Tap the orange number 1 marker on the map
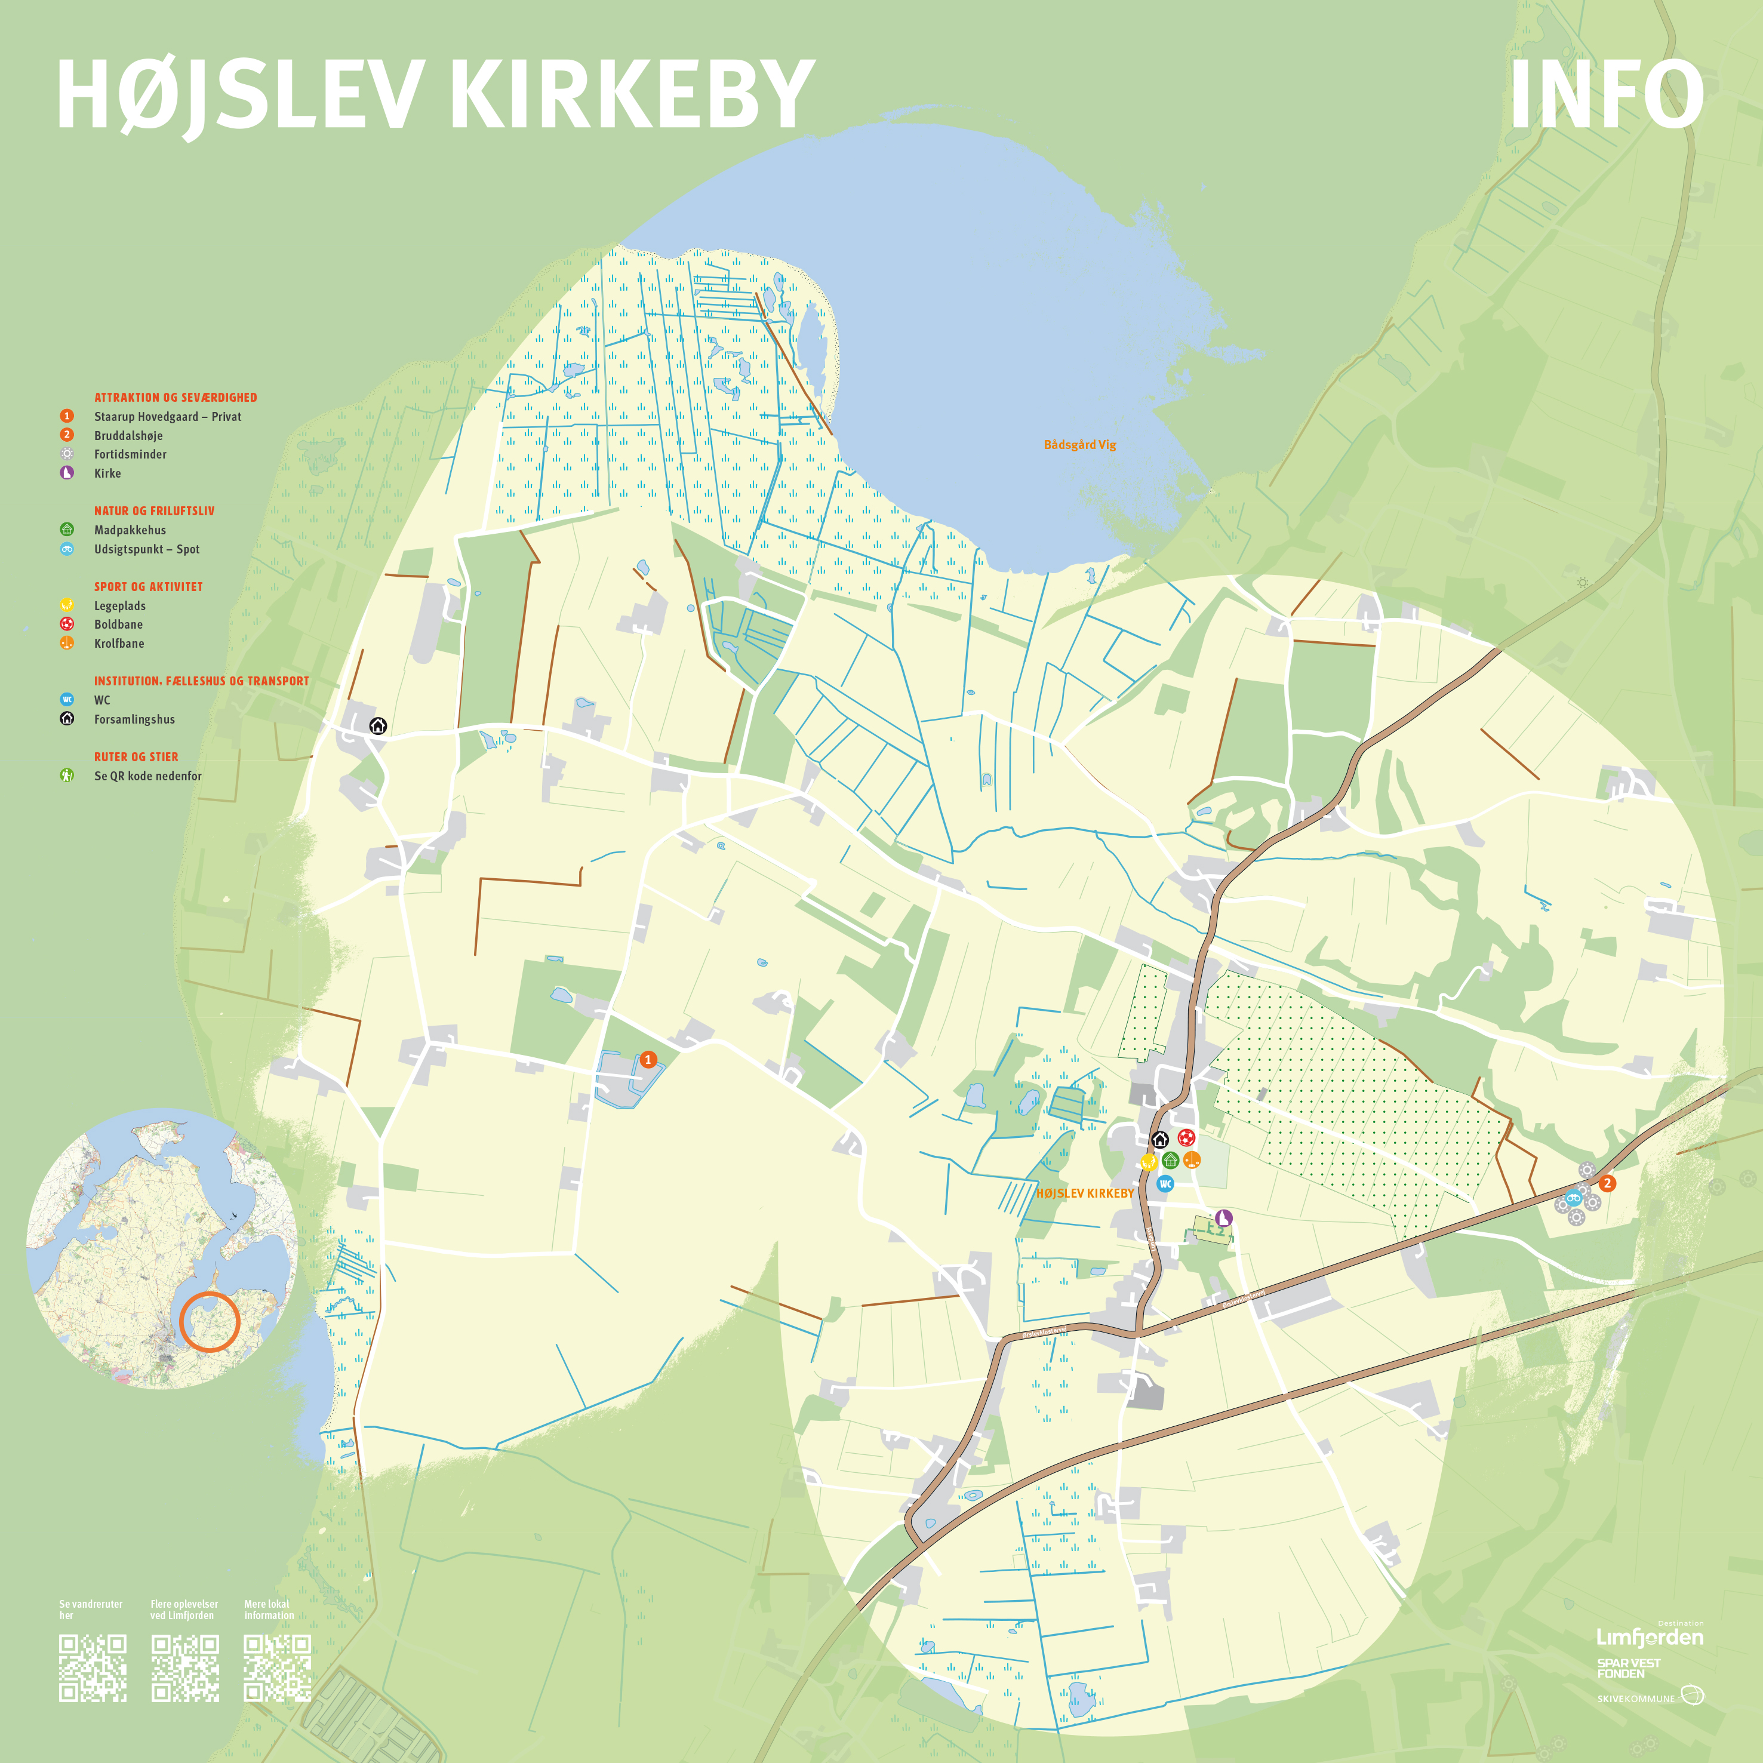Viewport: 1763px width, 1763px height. coord(648,1060)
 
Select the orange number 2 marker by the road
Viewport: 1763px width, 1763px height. coord(1607,1183)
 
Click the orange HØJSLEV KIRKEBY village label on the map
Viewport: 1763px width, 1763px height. coord(1084,1193)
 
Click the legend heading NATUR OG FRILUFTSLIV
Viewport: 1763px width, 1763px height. coord(154,511)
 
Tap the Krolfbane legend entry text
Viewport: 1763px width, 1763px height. coord(119,644)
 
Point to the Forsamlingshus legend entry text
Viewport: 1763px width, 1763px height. coord(134,719)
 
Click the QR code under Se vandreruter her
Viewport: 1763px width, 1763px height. coord(92,1668)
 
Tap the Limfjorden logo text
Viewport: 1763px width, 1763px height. coord(1650,1637)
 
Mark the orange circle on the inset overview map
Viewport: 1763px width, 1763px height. coord(209,1321)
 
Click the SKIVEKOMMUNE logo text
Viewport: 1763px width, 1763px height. coord(1635,1698)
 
